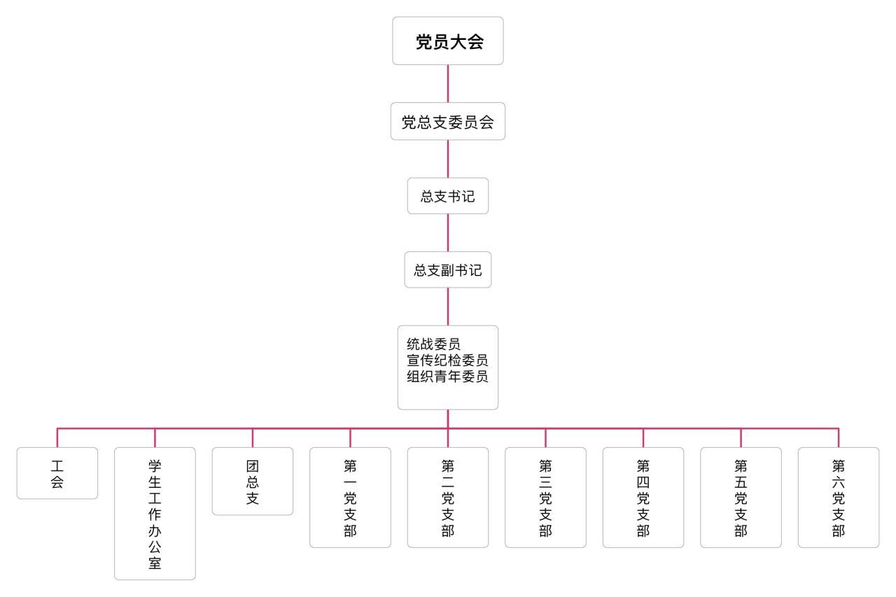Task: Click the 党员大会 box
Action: click(448, 41)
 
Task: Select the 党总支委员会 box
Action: click(448, 122)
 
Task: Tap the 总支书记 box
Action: click(448, 197)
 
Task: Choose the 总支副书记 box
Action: click(448, 270)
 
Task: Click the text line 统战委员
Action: click(433, 344)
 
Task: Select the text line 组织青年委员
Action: click(447, 376)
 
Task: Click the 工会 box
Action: click(57, 473)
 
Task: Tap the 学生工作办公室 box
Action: click(155, 514)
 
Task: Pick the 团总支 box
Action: click(253, 482)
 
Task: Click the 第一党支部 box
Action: click(350, 498)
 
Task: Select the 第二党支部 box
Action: click(448, 498)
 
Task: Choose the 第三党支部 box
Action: click(545, 498)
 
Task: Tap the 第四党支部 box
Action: click(643, 498)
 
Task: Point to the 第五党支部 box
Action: click(741, 498)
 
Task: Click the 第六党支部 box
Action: click(839, 498)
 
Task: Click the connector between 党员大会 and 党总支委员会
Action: click(448, 84)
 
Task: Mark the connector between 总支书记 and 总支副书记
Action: click(448, 233)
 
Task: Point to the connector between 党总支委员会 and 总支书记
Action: click(448, 159)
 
